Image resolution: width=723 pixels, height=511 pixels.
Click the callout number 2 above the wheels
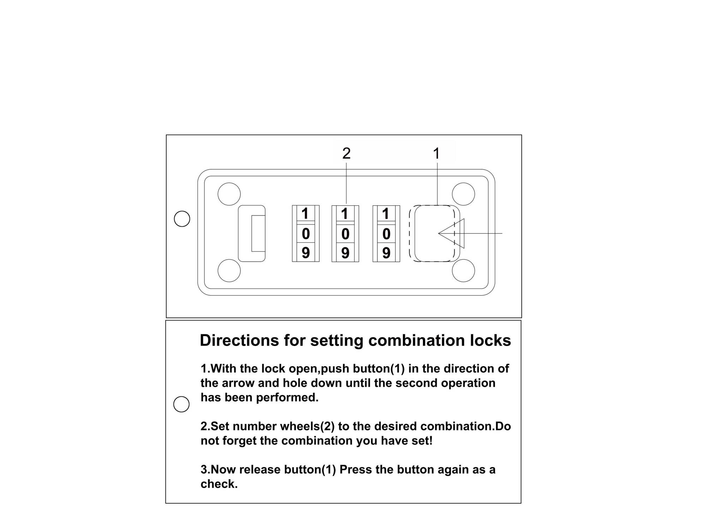point(346,153)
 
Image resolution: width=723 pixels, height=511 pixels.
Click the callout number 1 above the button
point(436,154)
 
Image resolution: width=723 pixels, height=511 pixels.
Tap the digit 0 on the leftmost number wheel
point(306,234)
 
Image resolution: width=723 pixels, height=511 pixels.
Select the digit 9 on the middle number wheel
point(345,253)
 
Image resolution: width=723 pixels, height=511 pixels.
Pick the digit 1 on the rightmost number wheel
point(386,214)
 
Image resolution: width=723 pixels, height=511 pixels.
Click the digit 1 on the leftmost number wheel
point(305,214)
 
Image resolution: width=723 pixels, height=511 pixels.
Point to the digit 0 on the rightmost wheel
point(386,234)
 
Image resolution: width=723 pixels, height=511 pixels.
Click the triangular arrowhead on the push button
point(453,233)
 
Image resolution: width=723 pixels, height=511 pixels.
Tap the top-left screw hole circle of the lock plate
point(229,194)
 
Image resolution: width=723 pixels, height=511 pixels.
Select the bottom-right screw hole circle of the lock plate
point(463,270)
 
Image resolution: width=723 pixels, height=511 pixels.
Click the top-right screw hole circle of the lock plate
point(463,194)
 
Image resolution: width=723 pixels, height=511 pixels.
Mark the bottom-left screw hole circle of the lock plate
point(229,270)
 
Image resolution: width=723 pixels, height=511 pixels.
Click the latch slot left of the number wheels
point(252,233)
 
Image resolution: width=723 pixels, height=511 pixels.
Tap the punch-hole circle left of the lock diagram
point(182,219)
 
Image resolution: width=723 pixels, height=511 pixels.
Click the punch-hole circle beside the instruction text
point(181,404)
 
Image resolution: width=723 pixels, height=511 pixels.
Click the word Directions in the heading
point(239,340)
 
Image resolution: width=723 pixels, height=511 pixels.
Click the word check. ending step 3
point(219,484)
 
